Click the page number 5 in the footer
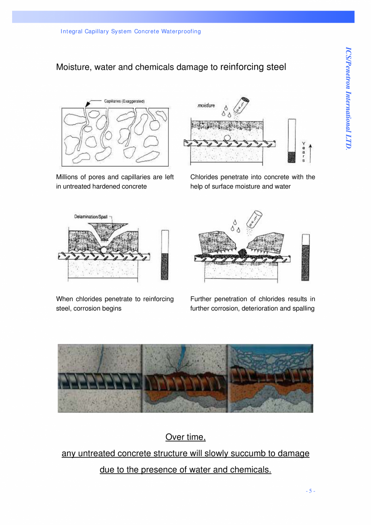click(x=310, y=491)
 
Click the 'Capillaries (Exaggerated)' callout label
click(x=124, y=101)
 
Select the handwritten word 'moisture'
click(x=206, y=105)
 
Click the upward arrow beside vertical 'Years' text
click(x=310, y=153)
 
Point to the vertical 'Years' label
click(x=304, y=152)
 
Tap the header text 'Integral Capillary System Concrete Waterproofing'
click(x=131, y=31)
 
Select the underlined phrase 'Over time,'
click(x=185, y=437)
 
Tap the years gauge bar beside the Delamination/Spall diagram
click(x=165, y=255)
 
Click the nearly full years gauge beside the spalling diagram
click(x=306, y=257)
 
